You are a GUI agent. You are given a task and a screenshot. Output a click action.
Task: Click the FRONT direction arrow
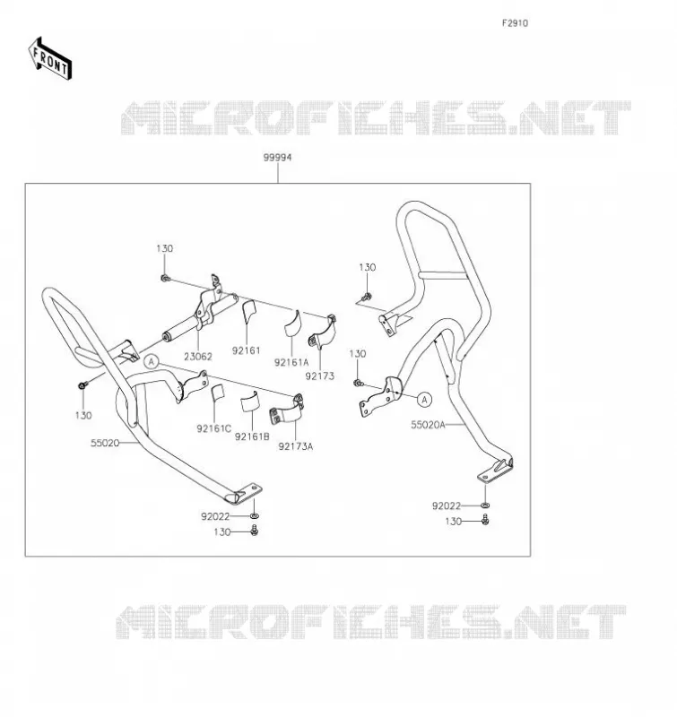(x=50, y=59)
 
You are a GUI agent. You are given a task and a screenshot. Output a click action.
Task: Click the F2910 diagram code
(x=515, y=23)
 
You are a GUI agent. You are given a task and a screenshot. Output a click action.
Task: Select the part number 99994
(x=277, y=158)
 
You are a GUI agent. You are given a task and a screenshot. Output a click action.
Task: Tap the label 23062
(x=198, y=356)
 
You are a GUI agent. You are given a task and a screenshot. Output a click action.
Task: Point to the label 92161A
(x=291, y=362)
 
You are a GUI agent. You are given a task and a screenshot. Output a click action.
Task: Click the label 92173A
(x=296, y=446)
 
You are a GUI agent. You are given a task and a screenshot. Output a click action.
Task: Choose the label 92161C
(x=214, y=428)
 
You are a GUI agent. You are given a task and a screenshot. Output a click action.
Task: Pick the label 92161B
(x=252, y=436)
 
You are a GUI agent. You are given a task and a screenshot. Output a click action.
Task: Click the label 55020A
(x=428, y=425)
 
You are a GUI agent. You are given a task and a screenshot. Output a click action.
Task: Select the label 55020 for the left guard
(x=105, y=443)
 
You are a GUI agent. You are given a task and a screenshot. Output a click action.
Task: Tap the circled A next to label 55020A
(x=424, y=400)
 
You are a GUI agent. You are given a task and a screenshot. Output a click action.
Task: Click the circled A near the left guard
(x=152, y=362)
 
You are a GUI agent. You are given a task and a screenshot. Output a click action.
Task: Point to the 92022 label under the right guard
(x=447, y=505)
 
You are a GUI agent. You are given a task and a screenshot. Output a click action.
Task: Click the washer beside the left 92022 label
(x=255, y=516)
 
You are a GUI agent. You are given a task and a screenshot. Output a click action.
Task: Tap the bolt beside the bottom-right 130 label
(x=485, y=520)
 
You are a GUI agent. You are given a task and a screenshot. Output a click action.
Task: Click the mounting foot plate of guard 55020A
(x=495, y=471)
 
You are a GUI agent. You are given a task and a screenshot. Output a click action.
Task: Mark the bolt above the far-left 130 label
(x=83, y=385)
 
